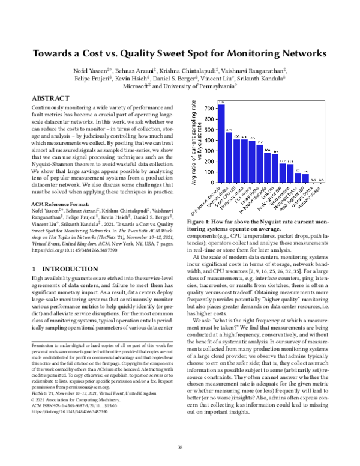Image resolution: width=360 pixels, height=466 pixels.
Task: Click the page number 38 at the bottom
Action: point(179,446)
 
